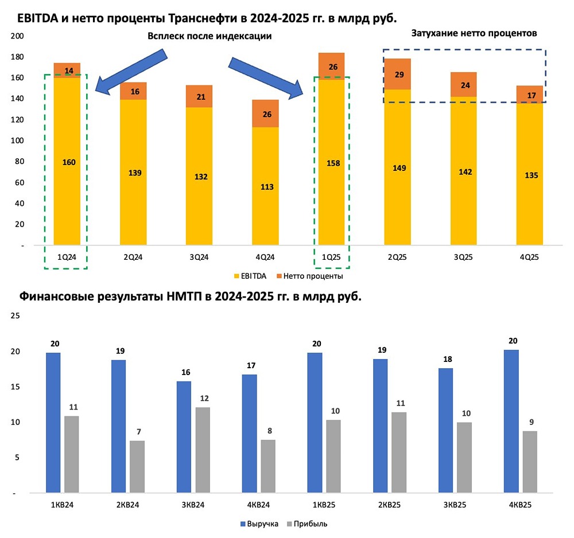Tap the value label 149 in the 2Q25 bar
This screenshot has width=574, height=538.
pyautogui.click(x=400, y=168)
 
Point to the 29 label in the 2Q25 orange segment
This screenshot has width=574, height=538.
pyautogui.click(x=400, y=75)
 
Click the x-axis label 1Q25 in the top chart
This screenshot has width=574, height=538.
pyautogui.click(x=333, y=258)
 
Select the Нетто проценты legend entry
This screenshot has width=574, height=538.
pyautogui.click(x=313, y=276)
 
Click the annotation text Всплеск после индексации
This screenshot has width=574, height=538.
pyautogui.click(x=209, y=36)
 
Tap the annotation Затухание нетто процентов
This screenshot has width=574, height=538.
pyautogui.click(x=474, y=33)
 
